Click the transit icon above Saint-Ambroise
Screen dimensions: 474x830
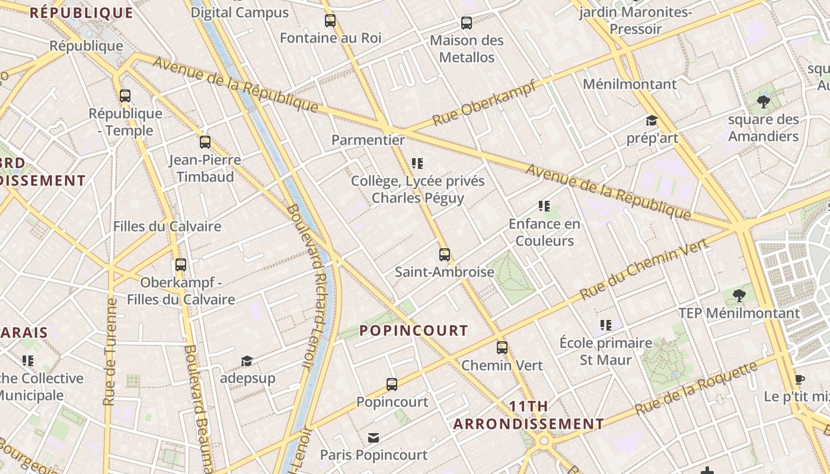445,255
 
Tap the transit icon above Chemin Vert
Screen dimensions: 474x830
502,348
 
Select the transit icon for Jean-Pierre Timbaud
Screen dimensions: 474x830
205,142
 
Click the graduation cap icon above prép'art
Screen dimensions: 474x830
652,121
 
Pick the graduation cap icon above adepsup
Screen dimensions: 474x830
247,361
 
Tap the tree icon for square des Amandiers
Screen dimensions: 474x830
764,102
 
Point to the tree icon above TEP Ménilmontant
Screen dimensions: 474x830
739,295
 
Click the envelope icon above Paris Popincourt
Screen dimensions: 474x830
373,438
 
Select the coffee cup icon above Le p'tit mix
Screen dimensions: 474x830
799,379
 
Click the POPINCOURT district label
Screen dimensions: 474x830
414,331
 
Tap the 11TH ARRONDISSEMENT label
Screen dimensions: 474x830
528,415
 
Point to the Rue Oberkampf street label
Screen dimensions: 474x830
484,103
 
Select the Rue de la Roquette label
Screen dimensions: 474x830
696,388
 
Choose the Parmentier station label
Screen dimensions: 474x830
368,140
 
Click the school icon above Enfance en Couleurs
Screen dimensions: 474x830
544,206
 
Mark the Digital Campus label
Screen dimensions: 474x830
240,12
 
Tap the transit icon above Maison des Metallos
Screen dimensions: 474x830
467,23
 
